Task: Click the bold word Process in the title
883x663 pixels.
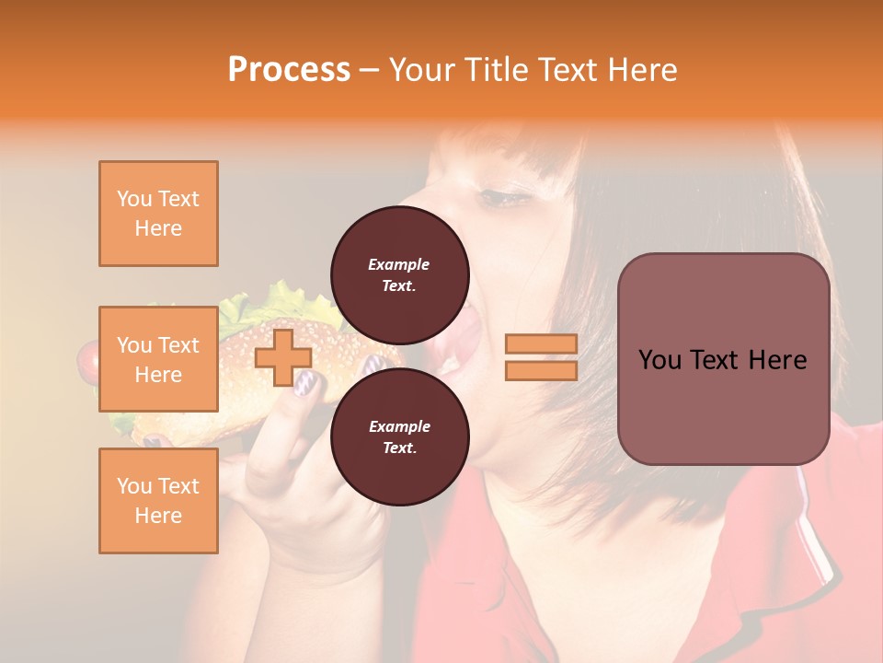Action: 289,70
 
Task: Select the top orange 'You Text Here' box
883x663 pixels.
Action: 158,214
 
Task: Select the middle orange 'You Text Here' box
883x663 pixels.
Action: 158,359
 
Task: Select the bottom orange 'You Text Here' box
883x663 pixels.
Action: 158,501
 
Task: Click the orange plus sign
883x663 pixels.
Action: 283,358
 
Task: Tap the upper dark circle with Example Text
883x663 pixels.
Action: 399,274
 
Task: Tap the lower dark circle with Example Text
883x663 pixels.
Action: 399,436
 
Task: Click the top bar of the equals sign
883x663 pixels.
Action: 541,343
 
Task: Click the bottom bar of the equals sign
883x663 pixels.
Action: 541,371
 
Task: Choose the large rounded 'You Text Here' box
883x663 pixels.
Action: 723,359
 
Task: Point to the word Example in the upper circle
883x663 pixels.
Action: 399,264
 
